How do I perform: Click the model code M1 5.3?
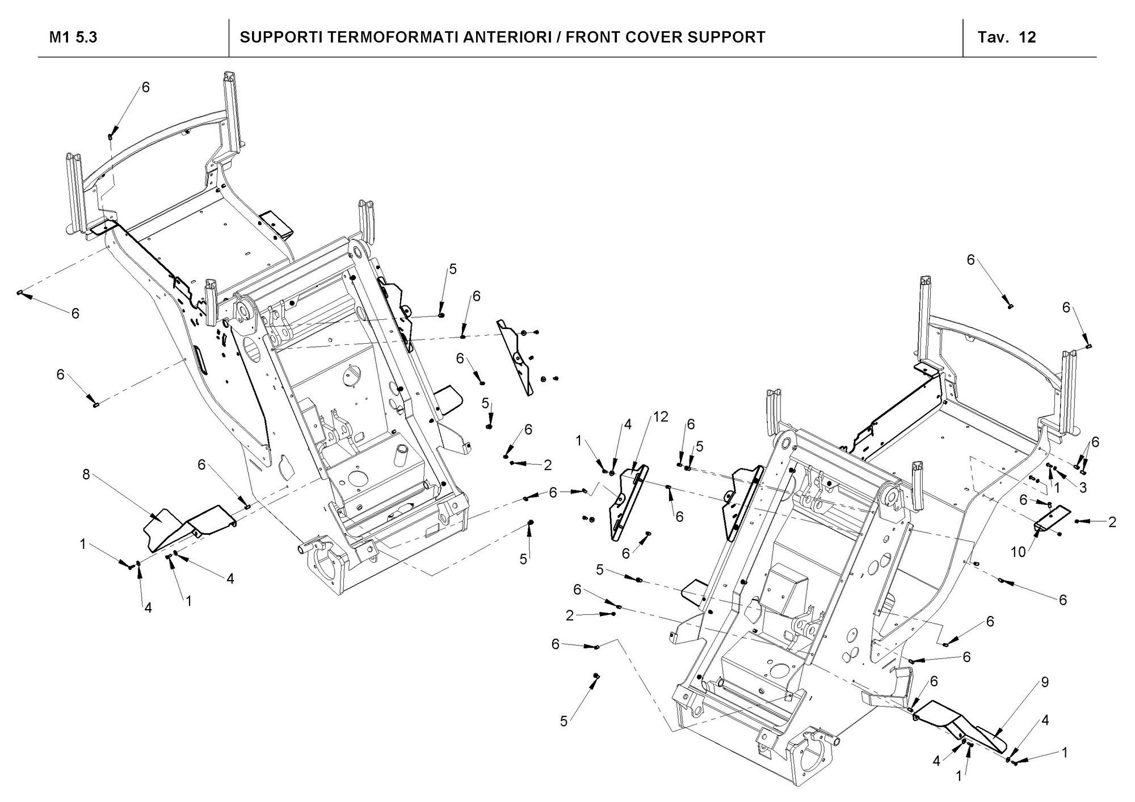coord(73,37)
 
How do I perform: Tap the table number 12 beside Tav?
coord(1027,37)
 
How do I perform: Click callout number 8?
coord(86,475)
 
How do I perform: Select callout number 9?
coord(1045,683)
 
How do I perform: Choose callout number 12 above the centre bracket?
coord(660,417)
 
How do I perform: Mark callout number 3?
coord(1083,487)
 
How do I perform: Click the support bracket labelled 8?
coord(187,525)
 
